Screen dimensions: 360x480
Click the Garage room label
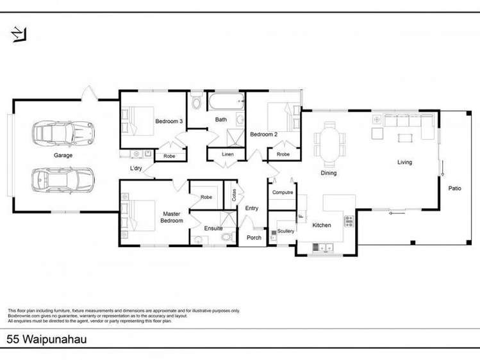pyautogui.click(x=63, y=156)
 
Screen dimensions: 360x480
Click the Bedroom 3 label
pyautogui.click(x=169, y=121)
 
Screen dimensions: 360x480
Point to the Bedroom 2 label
pyautogui.click(x=263, y=135)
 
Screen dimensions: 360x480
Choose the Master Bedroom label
pyautogui.click(x=172, y=217)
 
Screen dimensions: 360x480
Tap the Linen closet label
pyautogui.click(x=228, y=155)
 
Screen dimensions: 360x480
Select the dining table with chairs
pyautogui.click(x=329, y=140)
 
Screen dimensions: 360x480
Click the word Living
pyautogui.click(x=404, y=163)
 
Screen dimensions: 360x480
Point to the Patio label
pyautogui.click(x=454, y=188)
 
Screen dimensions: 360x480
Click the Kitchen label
pyautogui.click(x=321, y=225)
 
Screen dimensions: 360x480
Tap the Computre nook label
pyautogui.click(x=283, y=192)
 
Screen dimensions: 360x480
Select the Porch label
pyautogui.click(x=254, y=238)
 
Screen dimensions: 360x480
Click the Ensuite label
pyautogui.click(x=213, y=228)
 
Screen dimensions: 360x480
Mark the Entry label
pyautogui.click(x=252, y=208)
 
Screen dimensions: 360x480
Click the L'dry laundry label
pyautogui.click(x=136, y=169)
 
